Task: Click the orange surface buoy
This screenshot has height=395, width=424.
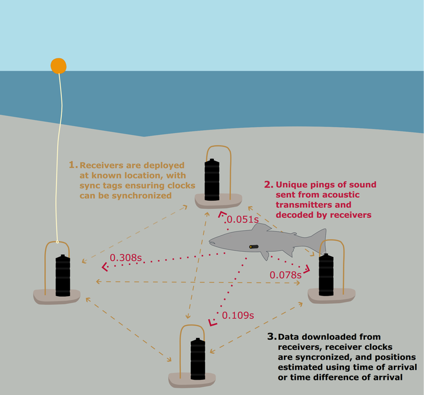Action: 58,66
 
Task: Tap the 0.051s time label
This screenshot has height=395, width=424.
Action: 243,220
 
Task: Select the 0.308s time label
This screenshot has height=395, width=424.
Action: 126,258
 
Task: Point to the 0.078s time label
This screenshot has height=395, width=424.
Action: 286,275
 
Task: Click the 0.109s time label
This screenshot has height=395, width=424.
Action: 238,315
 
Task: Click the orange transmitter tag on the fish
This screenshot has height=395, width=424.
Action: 254,247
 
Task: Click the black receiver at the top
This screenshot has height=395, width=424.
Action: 213,178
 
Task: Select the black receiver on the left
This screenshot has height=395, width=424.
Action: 63,275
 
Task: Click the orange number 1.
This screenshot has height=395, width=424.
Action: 73,165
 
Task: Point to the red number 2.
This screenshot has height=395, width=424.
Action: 268,184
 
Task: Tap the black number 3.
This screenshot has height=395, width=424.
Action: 271,337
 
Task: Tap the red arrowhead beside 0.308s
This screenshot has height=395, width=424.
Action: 106,267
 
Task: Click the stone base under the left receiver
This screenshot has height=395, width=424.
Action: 57,297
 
